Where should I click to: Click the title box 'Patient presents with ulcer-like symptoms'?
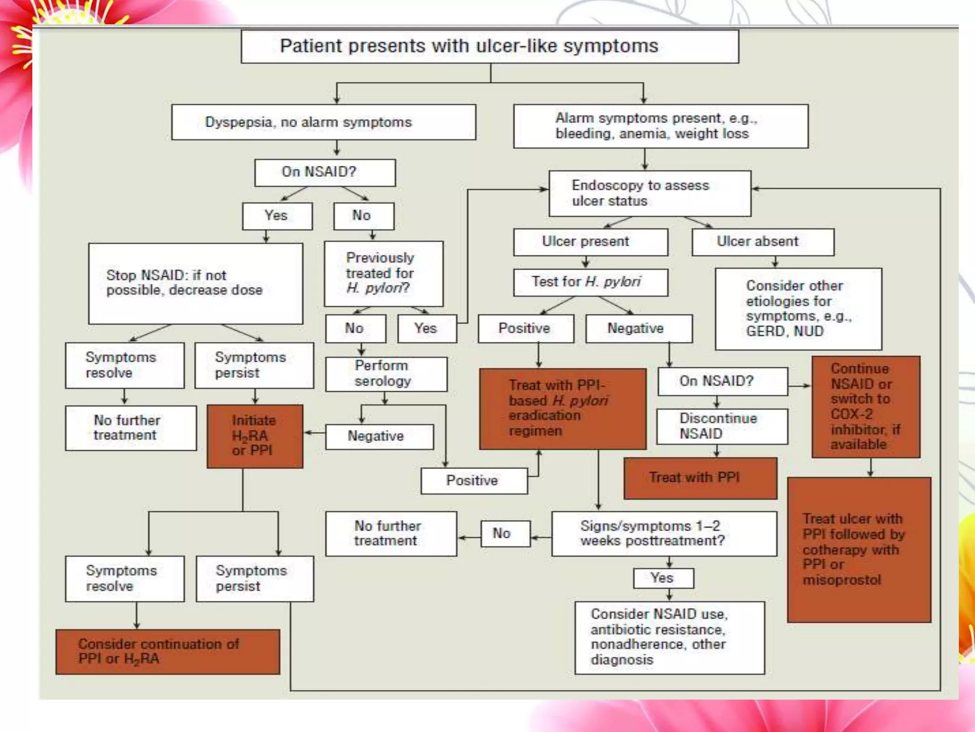click(x=490, y=46)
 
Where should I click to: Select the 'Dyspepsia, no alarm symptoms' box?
click(x=324, y=122)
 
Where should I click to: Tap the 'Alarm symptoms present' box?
click(x=661, y=126)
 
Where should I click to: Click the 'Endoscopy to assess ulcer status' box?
click(x=650, y=193)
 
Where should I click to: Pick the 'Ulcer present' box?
click(x=590, y=242)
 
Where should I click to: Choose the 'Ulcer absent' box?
click(x=763, y=242)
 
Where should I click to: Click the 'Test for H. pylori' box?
click(x=590, y=282)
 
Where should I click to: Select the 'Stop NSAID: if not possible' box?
click(x=195, y=283)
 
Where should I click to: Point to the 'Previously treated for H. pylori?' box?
click(x=383, y=273)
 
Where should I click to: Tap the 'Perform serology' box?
click(x=386, y=374)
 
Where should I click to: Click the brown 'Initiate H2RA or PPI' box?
click(x=255, y=436)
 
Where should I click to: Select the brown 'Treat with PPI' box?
click(x=700, y=478)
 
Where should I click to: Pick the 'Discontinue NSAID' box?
click(x=722, y=426)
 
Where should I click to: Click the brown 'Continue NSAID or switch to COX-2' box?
click(x=866, y=407)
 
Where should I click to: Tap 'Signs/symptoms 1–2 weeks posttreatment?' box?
click(x=664, y=533)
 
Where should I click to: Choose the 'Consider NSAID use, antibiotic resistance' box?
click(x=669, y=637)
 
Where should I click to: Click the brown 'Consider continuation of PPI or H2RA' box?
click(x=168, y=651)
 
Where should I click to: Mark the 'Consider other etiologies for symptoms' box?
click(x=798, y=308)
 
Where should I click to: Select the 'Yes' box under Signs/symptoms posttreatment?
click(x=663, y=578)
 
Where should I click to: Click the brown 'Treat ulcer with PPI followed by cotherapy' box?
click(x=859, y=549)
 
